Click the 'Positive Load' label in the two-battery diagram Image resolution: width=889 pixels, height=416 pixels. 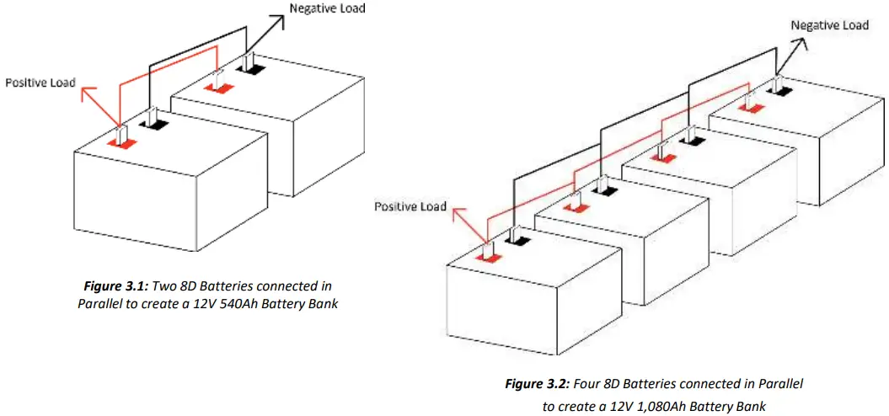pyautogui.click(x=40, y=83)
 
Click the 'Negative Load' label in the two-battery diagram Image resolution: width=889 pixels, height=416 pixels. pyautogui.click(x=328, y=8)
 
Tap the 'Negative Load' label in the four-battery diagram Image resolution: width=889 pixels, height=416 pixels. pyautogui.click(x=829, y=25)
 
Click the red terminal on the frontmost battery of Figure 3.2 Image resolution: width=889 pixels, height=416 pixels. pyautogui.click(x=489, y=254)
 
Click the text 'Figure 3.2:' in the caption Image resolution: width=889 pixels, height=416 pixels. pyautogui.click(x=537, y=384)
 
